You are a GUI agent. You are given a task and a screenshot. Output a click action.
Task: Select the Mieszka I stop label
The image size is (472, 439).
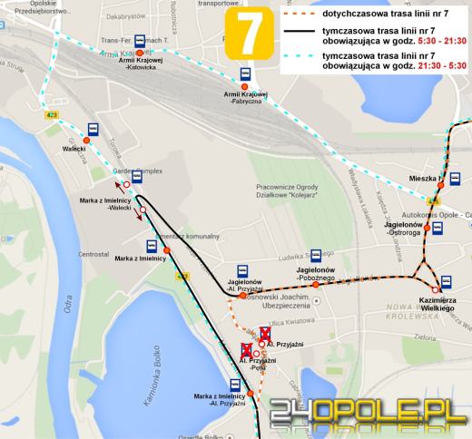pyautogui.click(x=422, y=179)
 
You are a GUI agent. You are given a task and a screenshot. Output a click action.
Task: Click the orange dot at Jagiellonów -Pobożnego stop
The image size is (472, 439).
pyautogui.click(x=315, y=285)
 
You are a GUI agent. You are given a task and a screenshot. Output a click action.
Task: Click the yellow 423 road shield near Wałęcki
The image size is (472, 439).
pyautogui.click(x=51, y=115)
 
